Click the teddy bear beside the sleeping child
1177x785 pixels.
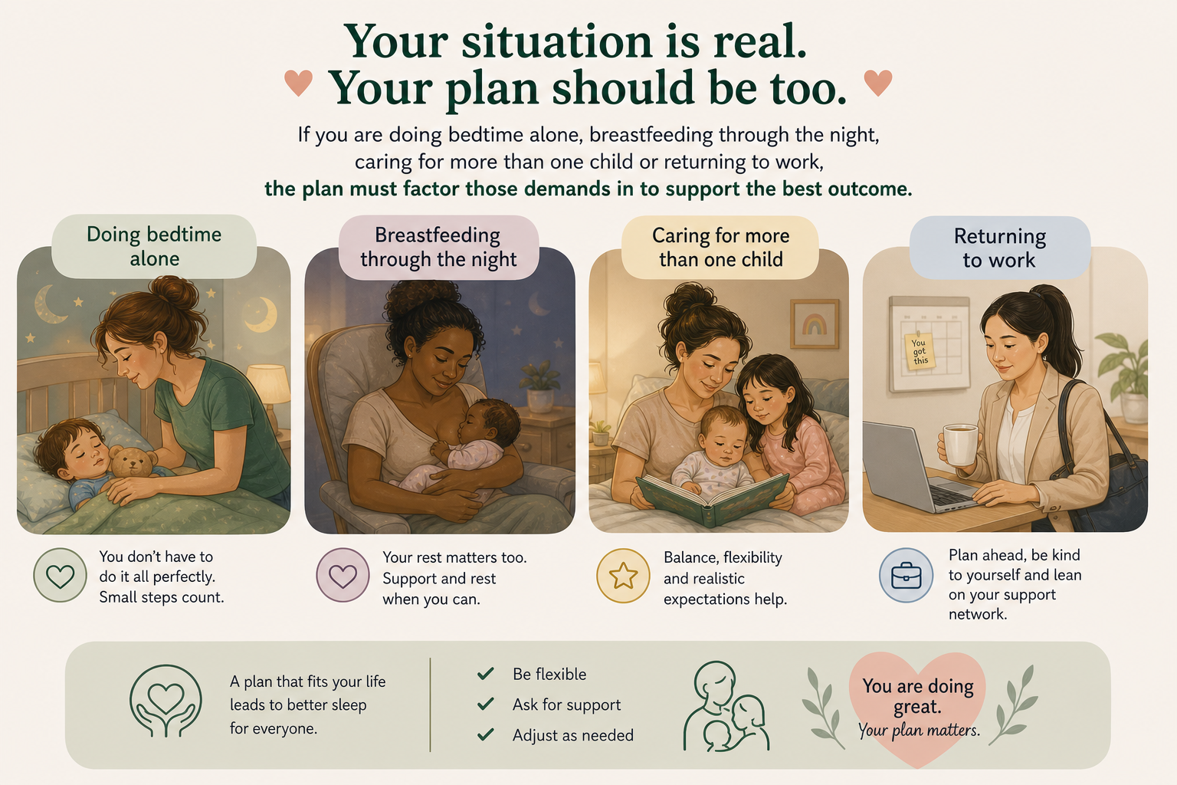[x=133, y=461]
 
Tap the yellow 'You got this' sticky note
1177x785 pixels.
[x=919, y=350]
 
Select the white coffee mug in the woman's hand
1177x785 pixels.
[x=959, y=445]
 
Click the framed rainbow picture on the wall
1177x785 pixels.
[x=815, y=324]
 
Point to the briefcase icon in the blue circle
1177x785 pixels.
[x=906, y=576]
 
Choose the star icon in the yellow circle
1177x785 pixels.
[x=623, y=575]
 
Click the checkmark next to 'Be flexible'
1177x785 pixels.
[x=486, y=673]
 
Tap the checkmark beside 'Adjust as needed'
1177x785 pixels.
[x=486, y=734]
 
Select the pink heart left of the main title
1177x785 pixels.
[x=298, y=83]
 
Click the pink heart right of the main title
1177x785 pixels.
[x=878, y=83]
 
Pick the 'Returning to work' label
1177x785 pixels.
[x=1000, y=248]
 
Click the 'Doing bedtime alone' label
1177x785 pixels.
[x=154, y=246]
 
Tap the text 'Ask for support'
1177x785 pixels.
[x=566, y=705]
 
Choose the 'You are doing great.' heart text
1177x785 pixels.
[x=917, y=696]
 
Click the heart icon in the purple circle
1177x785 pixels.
[x=343, y=576]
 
